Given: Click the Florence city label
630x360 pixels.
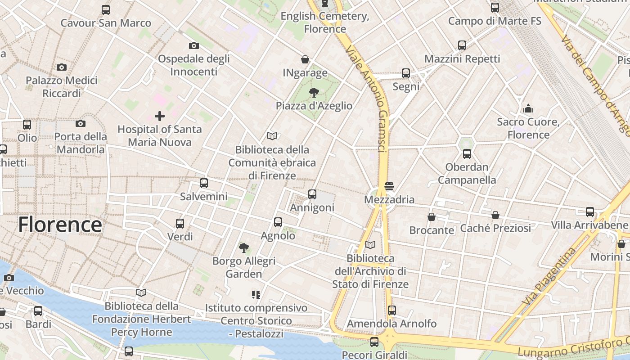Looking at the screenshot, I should pyautogui.click(x=60, y=225).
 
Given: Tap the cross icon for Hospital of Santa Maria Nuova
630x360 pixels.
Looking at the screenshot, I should pyautogui.click(x=160, y=117).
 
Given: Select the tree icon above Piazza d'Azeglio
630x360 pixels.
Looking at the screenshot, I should pyautogui.click(x=314, y=93).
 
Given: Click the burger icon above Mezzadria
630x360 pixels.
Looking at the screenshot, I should pyautogui.click(x=389, y=186).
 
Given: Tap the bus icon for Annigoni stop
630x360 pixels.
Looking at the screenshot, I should pyautogui.click(x=312, y=194).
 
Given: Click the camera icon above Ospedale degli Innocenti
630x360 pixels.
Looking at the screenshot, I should pyautogui.click(x=194, y=45).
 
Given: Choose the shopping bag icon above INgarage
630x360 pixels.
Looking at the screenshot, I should pyautogui.click(x=305, y=59).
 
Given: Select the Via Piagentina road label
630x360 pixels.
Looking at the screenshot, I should pyautogui.click(x=550, y=275).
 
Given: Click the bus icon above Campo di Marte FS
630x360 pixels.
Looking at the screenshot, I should pyautogui.click(x=495, y=8).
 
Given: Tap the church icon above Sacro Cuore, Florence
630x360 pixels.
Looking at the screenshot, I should pyautogui.click(x=528, y=108).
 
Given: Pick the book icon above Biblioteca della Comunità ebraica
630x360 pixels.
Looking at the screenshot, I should pyautogui.click(x=272, y=136).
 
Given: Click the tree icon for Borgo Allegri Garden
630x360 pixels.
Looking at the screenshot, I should pyautogui.click(x=244, y=247).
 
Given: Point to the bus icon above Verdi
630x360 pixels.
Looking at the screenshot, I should pyautogui.click(x=180, y=223).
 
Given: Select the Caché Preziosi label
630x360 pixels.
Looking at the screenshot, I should pyautogui.click(x=495, y=228).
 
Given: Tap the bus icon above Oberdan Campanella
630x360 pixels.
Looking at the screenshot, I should pyautogui.click(x=467, y=154).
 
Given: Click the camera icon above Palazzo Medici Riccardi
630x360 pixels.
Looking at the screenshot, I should pyautogui.click(x=62, y=67).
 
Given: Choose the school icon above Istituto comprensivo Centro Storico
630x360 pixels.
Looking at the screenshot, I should pyautogui.click(x=256, y=295).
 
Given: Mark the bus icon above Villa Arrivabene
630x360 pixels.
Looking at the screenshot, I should pyautogui.click(x=590, y=212).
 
